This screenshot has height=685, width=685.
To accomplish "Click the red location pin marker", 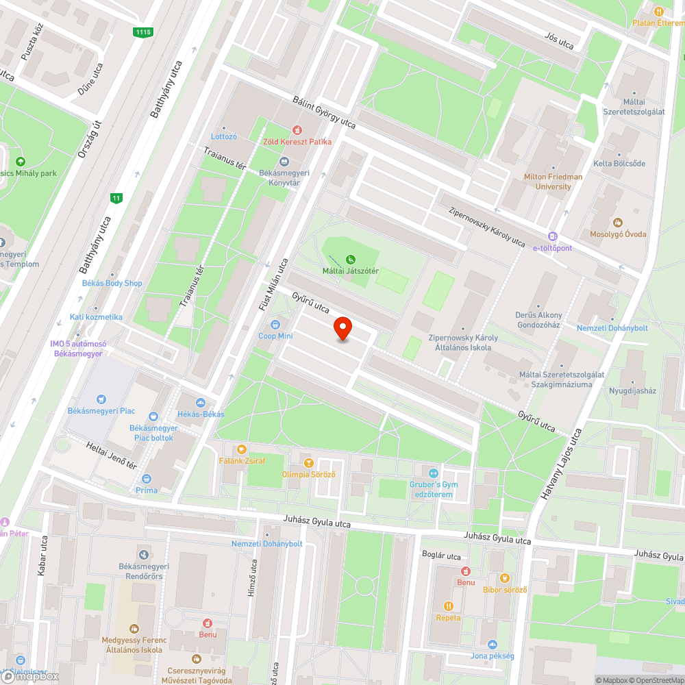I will pyautogui.click(x=342, y=329).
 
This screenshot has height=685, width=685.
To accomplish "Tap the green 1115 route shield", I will pyautogui.click(x=143, y=32).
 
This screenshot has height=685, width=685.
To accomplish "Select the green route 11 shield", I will pyautogui.click(x=116, y=198).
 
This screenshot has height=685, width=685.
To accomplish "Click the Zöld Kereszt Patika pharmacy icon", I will pyautogui.click(x=297, y=129).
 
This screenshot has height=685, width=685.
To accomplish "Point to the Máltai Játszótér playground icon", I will pyautogui.click(x=351, y=259).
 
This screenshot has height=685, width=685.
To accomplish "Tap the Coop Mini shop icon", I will pyautogui.click(x=275, y=324).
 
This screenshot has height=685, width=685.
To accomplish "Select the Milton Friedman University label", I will pyautogui.click(x=553, y=182).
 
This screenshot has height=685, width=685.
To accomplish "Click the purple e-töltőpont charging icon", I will pyautogui.click(x=553, y=236).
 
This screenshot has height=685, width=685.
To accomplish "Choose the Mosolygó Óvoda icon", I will pyautogui.click(x=618, y=222).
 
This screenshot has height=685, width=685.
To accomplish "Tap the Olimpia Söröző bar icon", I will pyautogui.click(x=308, y=463).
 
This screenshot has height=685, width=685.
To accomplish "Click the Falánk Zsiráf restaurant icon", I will pyautogui.click(x=241, y=449).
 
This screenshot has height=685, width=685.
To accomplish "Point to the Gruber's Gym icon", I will pyautogui.click(x=433, y=473).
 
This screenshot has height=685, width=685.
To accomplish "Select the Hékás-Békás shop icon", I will pyautogui.click(x=201, y=403).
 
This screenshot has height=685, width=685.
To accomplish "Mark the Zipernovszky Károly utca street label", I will pyautogui.click(x=487, y=226).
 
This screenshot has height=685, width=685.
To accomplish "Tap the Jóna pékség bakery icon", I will pyautogui.click(x=493, y=644).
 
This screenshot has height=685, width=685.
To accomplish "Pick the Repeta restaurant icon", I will pyautogui.click(x=449, y=606).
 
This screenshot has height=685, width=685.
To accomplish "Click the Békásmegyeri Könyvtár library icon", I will pyautogui.click(x=284, y=162).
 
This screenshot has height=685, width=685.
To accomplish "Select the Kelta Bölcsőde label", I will pyautogui.click(x=619, y=164).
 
